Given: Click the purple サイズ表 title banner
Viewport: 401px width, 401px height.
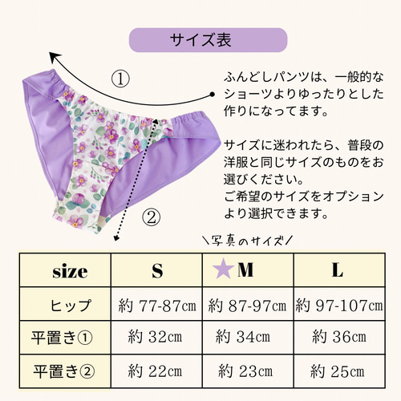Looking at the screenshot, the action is tap(208, 40).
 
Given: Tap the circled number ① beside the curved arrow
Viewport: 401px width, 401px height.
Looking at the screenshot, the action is tap(120, 79).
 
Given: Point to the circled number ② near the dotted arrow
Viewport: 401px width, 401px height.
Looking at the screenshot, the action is tap(152, 217).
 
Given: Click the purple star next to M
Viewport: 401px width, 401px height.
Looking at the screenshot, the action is tap(223, 270).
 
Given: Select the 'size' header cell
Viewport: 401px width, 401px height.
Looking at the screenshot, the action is tap(65, 270).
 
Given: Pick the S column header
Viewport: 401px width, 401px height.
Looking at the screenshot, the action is tap(156, 270).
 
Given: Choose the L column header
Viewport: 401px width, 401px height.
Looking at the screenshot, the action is tap(339, 270).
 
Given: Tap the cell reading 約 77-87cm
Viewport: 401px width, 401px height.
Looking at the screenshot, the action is tap(156, 305).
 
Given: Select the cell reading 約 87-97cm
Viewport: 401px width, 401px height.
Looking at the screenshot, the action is tap(248, 305).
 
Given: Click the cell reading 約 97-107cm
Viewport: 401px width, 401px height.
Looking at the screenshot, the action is tap(339, 305).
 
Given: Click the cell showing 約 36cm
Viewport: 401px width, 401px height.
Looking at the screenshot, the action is tap(339, 338).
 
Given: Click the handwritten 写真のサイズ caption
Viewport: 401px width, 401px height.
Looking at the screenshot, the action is tap(247, 241).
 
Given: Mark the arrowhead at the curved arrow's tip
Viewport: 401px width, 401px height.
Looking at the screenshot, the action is tap(54, 57).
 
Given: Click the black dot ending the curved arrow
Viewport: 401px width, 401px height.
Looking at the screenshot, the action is tap(213, 95).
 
